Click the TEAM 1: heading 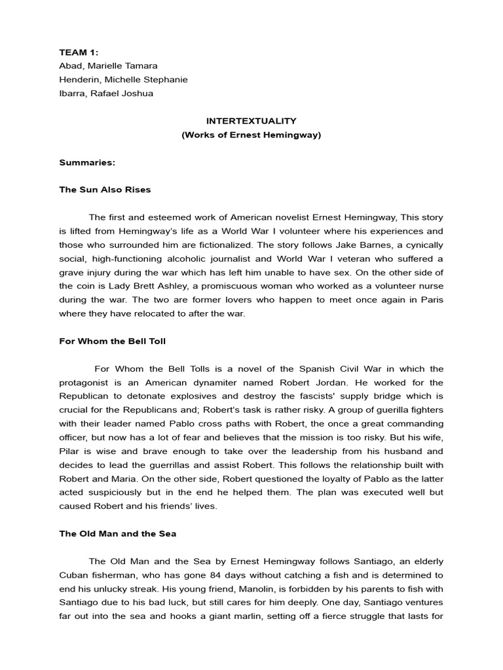coord(77,52)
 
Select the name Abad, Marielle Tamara coord(108,65)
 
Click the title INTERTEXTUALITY coord(251,121)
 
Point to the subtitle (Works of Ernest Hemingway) coord(251,135)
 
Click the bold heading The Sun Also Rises coord(105,190)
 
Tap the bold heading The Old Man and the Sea coord(118,534)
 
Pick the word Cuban coord(73,575)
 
